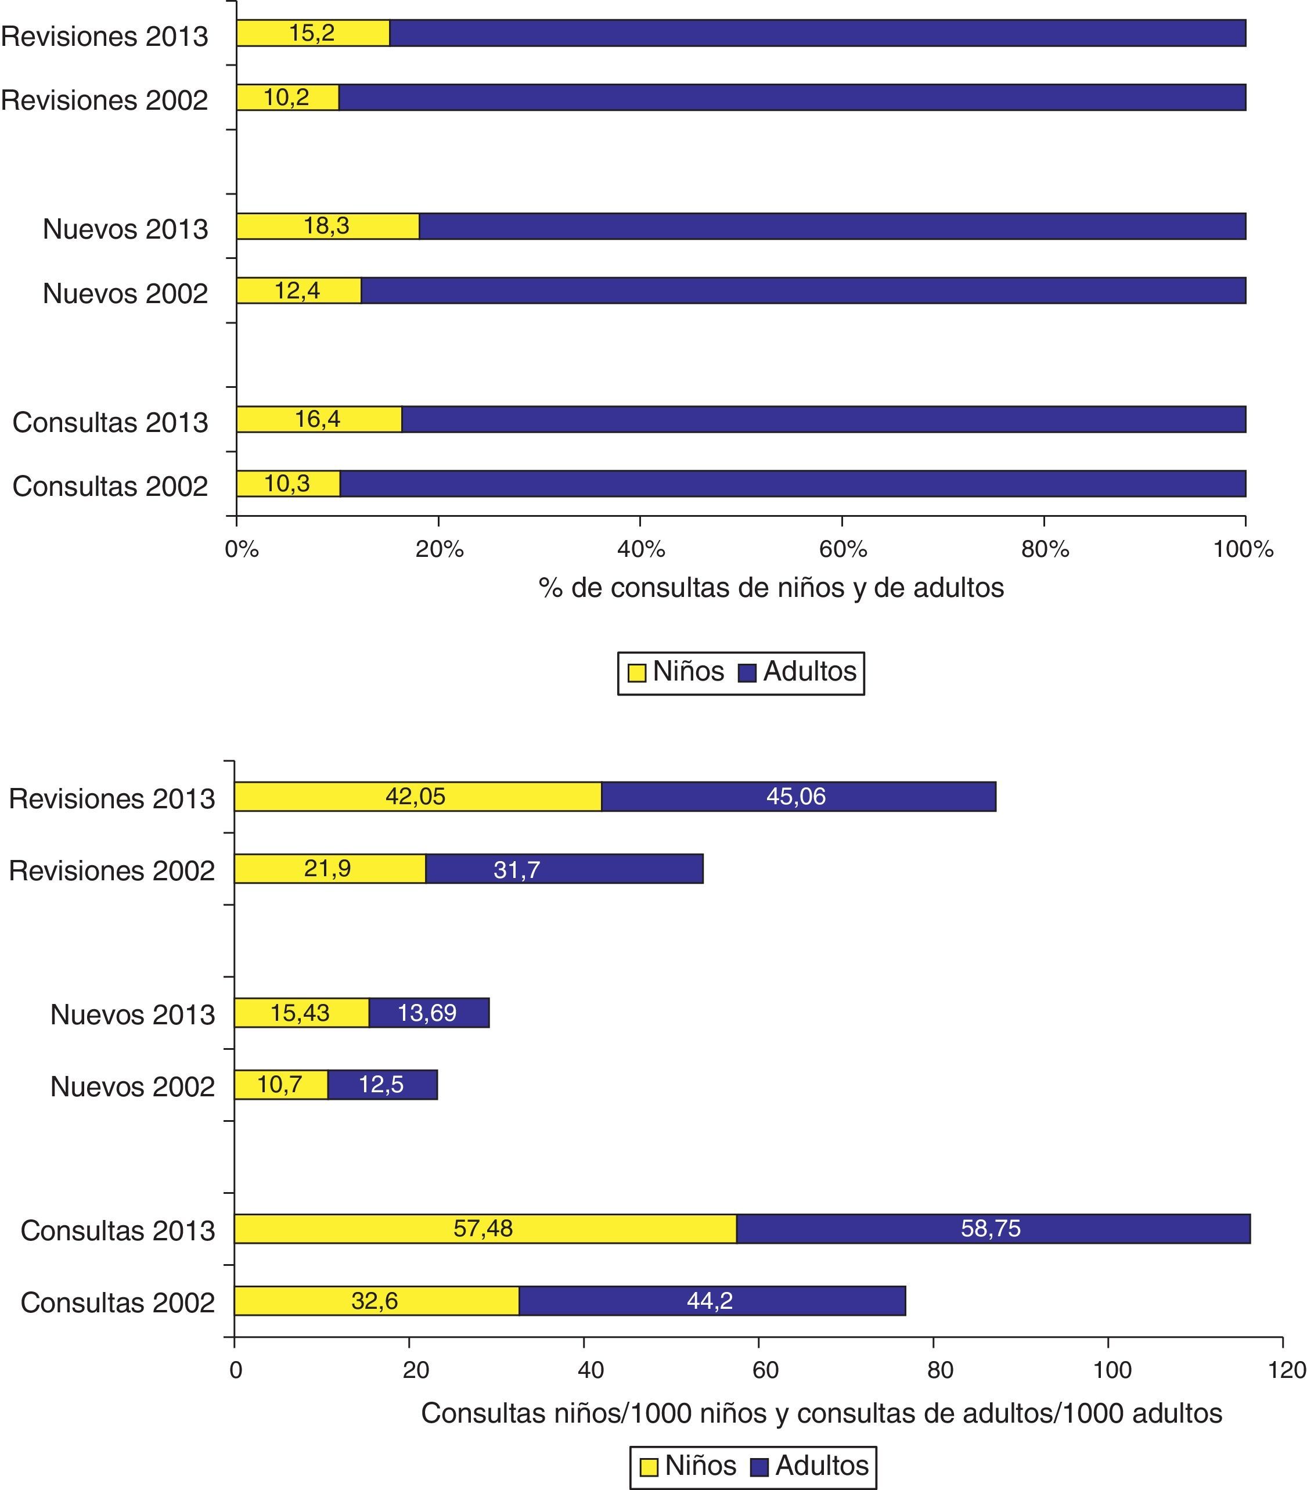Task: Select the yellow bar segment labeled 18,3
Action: pos(328,226)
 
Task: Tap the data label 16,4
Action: pos(317,419)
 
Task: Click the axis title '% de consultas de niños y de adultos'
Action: pos(771,588)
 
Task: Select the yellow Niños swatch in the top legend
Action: pos(636,672)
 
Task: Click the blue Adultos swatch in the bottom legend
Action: pos(759,1467)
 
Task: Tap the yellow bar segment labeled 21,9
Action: pos(329,868)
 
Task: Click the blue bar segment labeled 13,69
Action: pos(429,1013)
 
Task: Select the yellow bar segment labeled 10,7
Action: pos(280,1085)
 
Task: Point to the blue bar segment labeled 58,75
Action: pos(993,1228)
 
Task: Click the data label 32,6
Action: pos(375,1301)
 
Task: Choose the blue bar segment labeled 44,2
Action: pos(711,1301)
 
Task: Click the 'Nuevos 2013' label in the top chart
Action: pos(125,229)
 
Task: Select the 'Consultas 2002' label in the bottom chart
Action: pos(117,1302)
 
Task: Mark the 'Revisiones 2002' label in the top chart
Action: pos(105,100)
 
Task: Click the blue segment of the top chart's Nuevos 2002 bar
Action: pos(802,290)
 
